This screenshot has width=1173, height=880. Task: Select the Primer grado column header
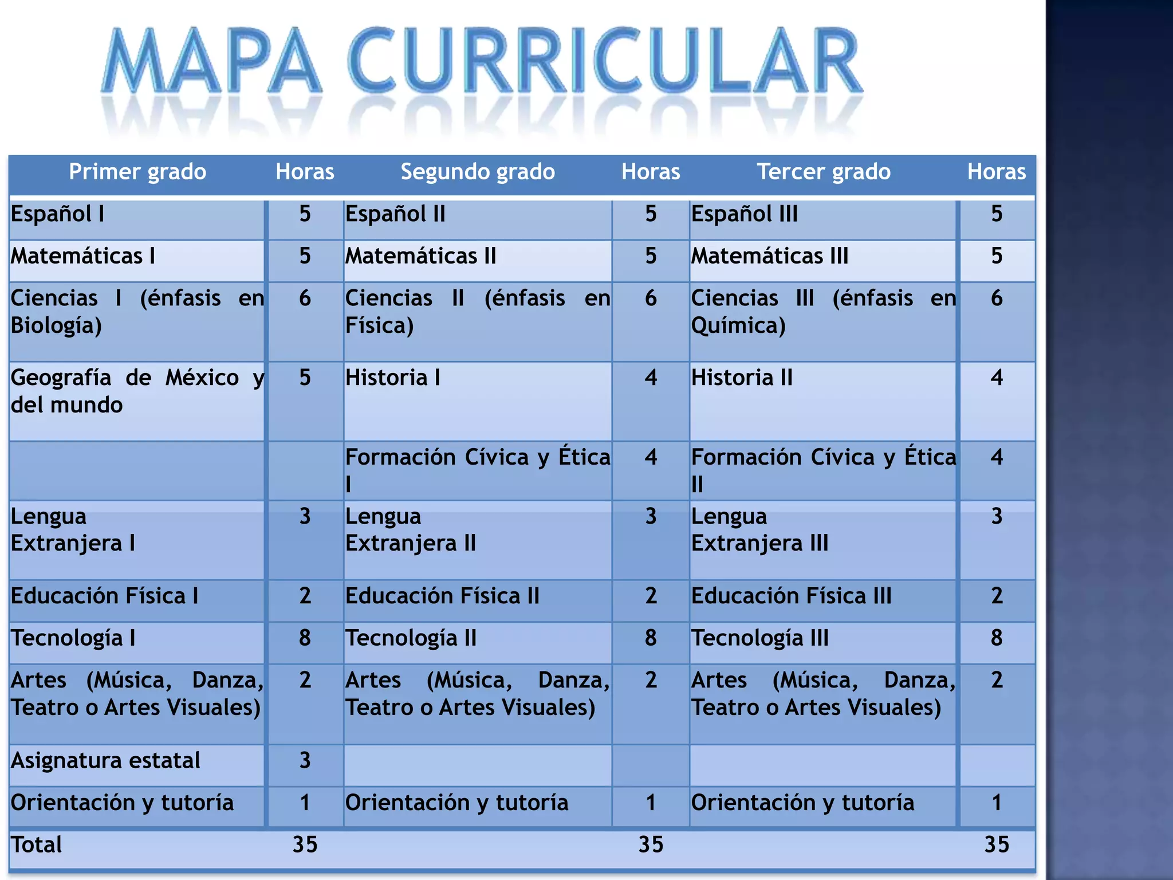(x=137, y=172)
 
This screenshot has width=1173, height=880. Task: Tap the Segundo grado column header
(x=478, y=172)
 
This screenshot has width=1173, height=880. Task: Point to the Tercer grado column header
(x=824, y=172)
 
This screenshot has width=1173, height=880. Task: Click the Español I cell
(x=58, y=214)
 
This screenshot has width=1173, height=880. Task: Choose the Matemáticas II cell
(x=420, y=256)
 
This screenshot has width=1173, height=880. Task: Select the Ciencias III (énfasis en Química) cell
(x=823, y=312)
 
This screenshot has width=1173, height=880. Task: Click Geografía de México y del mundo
(x=137, y=391)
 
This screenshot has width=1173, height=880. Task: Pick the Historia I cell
(x=393, y=378)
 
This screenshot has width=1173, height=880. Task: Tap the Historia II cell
(x=742, y=378)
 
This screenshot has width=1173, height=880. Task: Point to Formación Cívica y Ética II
(x=823, y=470)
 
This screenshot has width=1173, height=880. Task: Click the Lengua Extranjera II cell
(x=411, y=530)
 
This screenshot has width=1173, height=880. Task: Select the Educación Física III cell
(x=791, y=596)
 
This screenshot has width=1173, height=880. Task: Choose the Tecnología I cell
(x=73, y=638)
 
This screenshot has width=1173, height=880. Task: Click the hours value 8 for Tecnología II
(x=651, y=638)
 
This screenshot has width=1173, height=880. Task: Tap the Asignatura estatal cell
(x=105, y=761)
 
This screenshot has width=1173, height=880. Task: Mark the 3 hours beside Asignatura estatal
(x=305, y=761)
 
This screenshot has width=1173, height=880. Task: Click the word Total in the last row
(x=37, y=845)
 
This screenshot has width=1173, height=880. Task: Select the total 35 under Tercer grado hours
(x=997, y=845)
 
